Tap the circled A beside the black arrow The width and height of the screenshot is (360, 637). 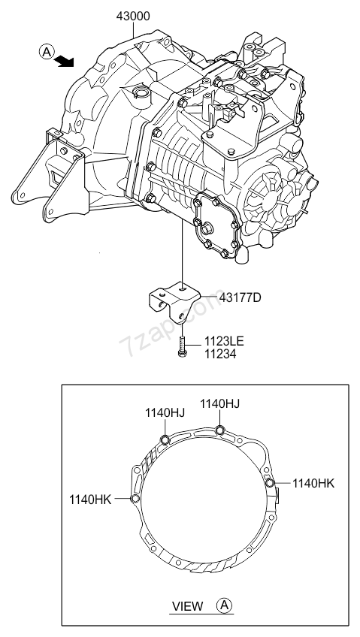[46, 52]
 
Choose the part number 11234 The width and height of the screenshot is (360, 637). [217, 353]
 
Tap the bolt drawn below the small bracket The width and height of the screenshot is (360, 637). [182, 346]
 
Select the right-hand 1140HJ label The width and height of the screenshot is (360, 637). [219, 403]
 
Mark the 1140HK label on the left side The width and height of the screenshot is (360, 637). [90, 498]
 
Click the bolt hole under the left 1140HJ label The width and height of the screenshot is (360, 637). [165, 439]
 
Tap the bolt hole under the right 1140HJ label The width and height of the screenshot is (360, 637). [219, 430]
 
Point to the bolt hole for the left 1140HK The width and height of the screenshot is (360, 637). [135, 498]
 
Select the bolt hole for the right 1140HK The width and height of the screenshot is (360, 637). [270, 483]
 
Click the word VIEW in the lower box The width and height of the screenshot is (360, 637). [188, 605]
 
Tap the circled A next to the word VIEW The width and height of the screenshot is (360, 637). [225, 605]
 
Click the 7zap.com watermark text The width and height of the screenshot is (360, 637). [154, 331]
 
